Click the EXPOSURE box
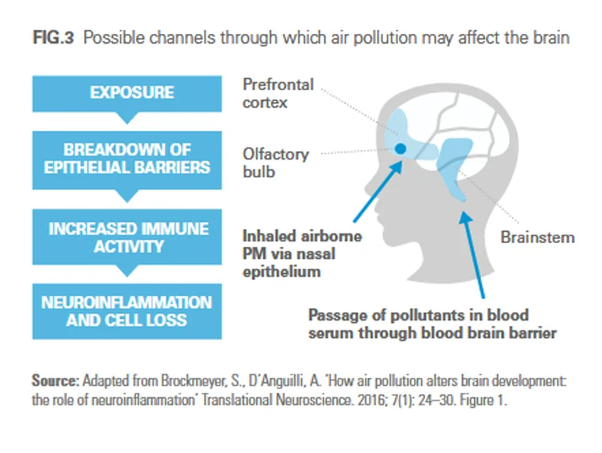click(x=131, y=93)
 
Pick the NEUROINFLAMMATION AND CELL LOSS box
click(x=131, y=311)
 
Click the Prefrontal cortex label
click(x=278, y=93)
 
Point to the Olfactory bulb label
click(x=275, y=163)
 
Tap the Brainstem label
click(x=537, y=237)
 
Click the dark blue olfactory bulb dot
click(x=401, y=149)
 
